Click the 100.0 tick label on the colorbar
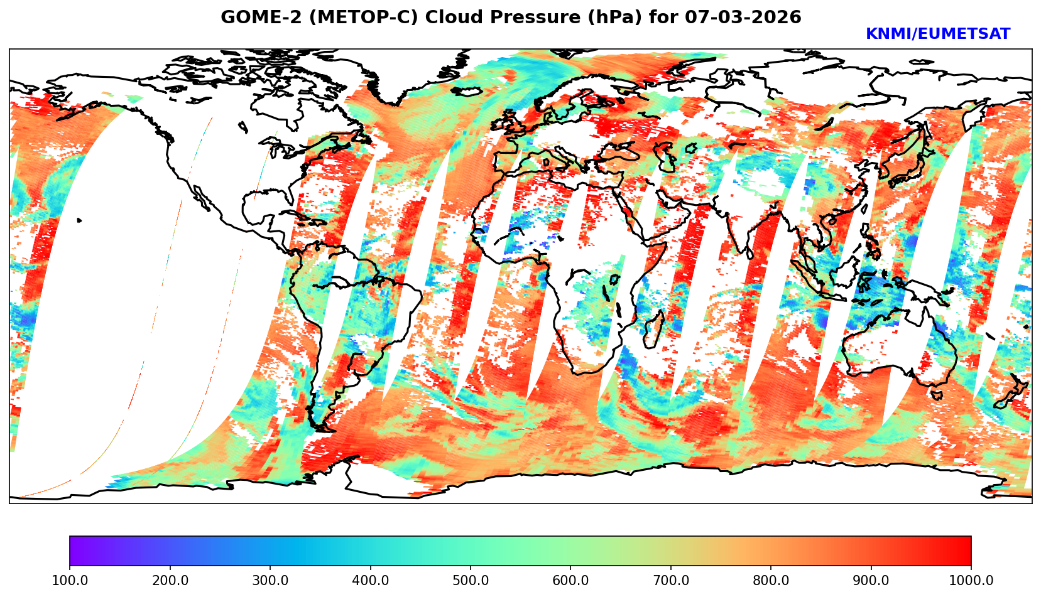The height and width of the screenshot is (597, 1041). pyautogui.click(x=70, y=581)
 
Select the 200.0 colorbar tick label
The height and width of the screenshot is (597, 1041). pyautogui.click(x=170, y=581)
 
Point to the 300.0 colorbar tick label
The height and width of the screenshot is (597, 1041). pyautogui.click(x=270, y=581)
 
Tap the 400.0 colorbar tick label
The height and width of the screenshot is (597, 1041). pyautogui.click(x=370, y=581)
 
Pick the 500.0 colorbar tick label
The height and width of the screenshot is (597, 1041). pyautogui.click(x=471, y=581)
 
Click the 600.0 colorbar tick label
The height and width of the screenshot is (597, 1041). pyautogui.click(x=570, y=581)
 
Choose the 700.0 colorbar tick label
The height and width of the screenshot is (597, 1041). pyautogui.click(x=671, y=581)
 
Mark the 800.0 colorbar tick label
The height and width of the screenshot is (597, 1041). pyautogui.click(x=771, y=581)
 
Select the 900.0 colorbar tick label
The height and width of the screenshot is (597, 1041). pyautogui.click(x=871, y=581)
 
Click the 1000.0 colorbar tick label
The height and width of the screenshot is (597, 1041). pyautogui.click(x=971, y=581)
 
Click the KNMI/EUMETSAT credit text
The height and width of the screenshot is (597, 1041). pyautogui.click(x=937, y=35)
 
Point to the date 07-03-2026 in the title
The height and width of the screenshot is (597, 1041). pyautogui.click(x=743, y=18)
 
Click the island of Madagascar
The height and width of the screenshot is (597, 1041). pyautogui.click(x=653, y=329)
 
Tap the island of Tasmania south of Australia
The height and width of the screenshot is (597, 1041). pyautogui.click(x=937, y=395)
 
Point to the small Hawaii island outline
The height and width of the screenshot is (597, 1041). pyautogui.click(x=80, y=220)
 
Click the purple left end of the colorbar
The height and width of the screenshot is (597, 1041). pyautogui.click(x=74, y=551)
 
